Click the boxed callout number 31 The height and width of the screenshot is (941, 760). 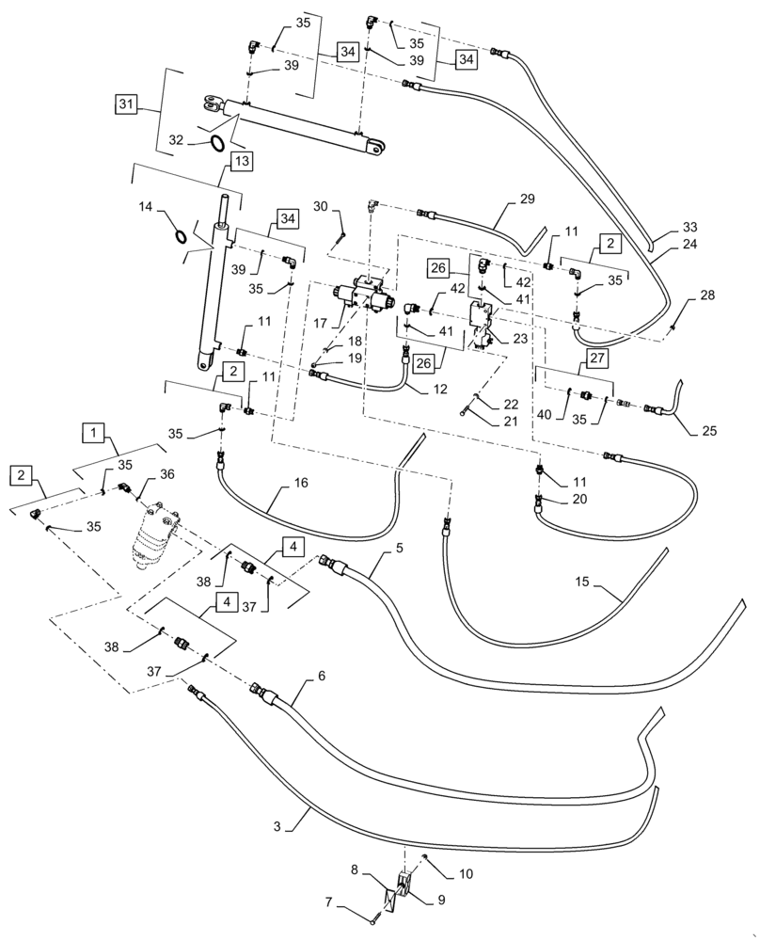(126, 103)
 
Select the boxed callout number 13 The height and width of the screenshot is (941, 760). (242, 161)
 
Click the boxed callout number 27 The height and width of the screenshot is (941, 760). (598, 358)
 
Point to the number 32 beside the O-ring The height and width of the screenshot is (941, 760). (176, 139)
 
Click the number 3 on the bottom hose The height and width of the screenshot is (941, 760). (277, 826)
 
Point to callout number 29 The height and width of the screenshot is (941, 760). (526, 199)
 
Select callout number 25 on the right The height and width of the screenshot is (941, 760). (708, 431)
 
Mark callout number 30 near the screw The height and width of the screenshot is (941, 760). (321, 206)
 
